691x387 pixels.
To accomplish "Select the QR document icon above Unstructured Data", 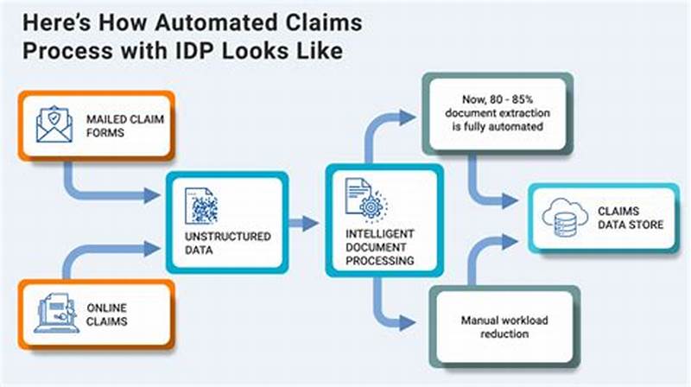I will (x=203, y=205).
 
